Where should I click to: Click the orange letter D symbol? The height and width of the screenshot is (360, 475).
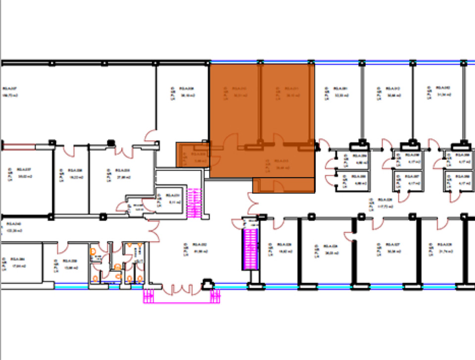point(93,252)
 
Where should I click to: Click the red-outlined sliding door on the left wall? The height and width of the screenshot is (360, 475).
point(18,146)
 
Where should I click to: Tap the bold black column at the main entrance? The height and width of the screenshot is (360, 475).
point(207,284)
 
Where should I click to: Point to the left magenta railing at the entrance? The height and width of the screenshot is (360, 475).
point(149,296)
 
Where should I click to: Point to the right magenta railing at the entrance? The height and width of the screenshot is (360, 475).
point(215,296)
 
